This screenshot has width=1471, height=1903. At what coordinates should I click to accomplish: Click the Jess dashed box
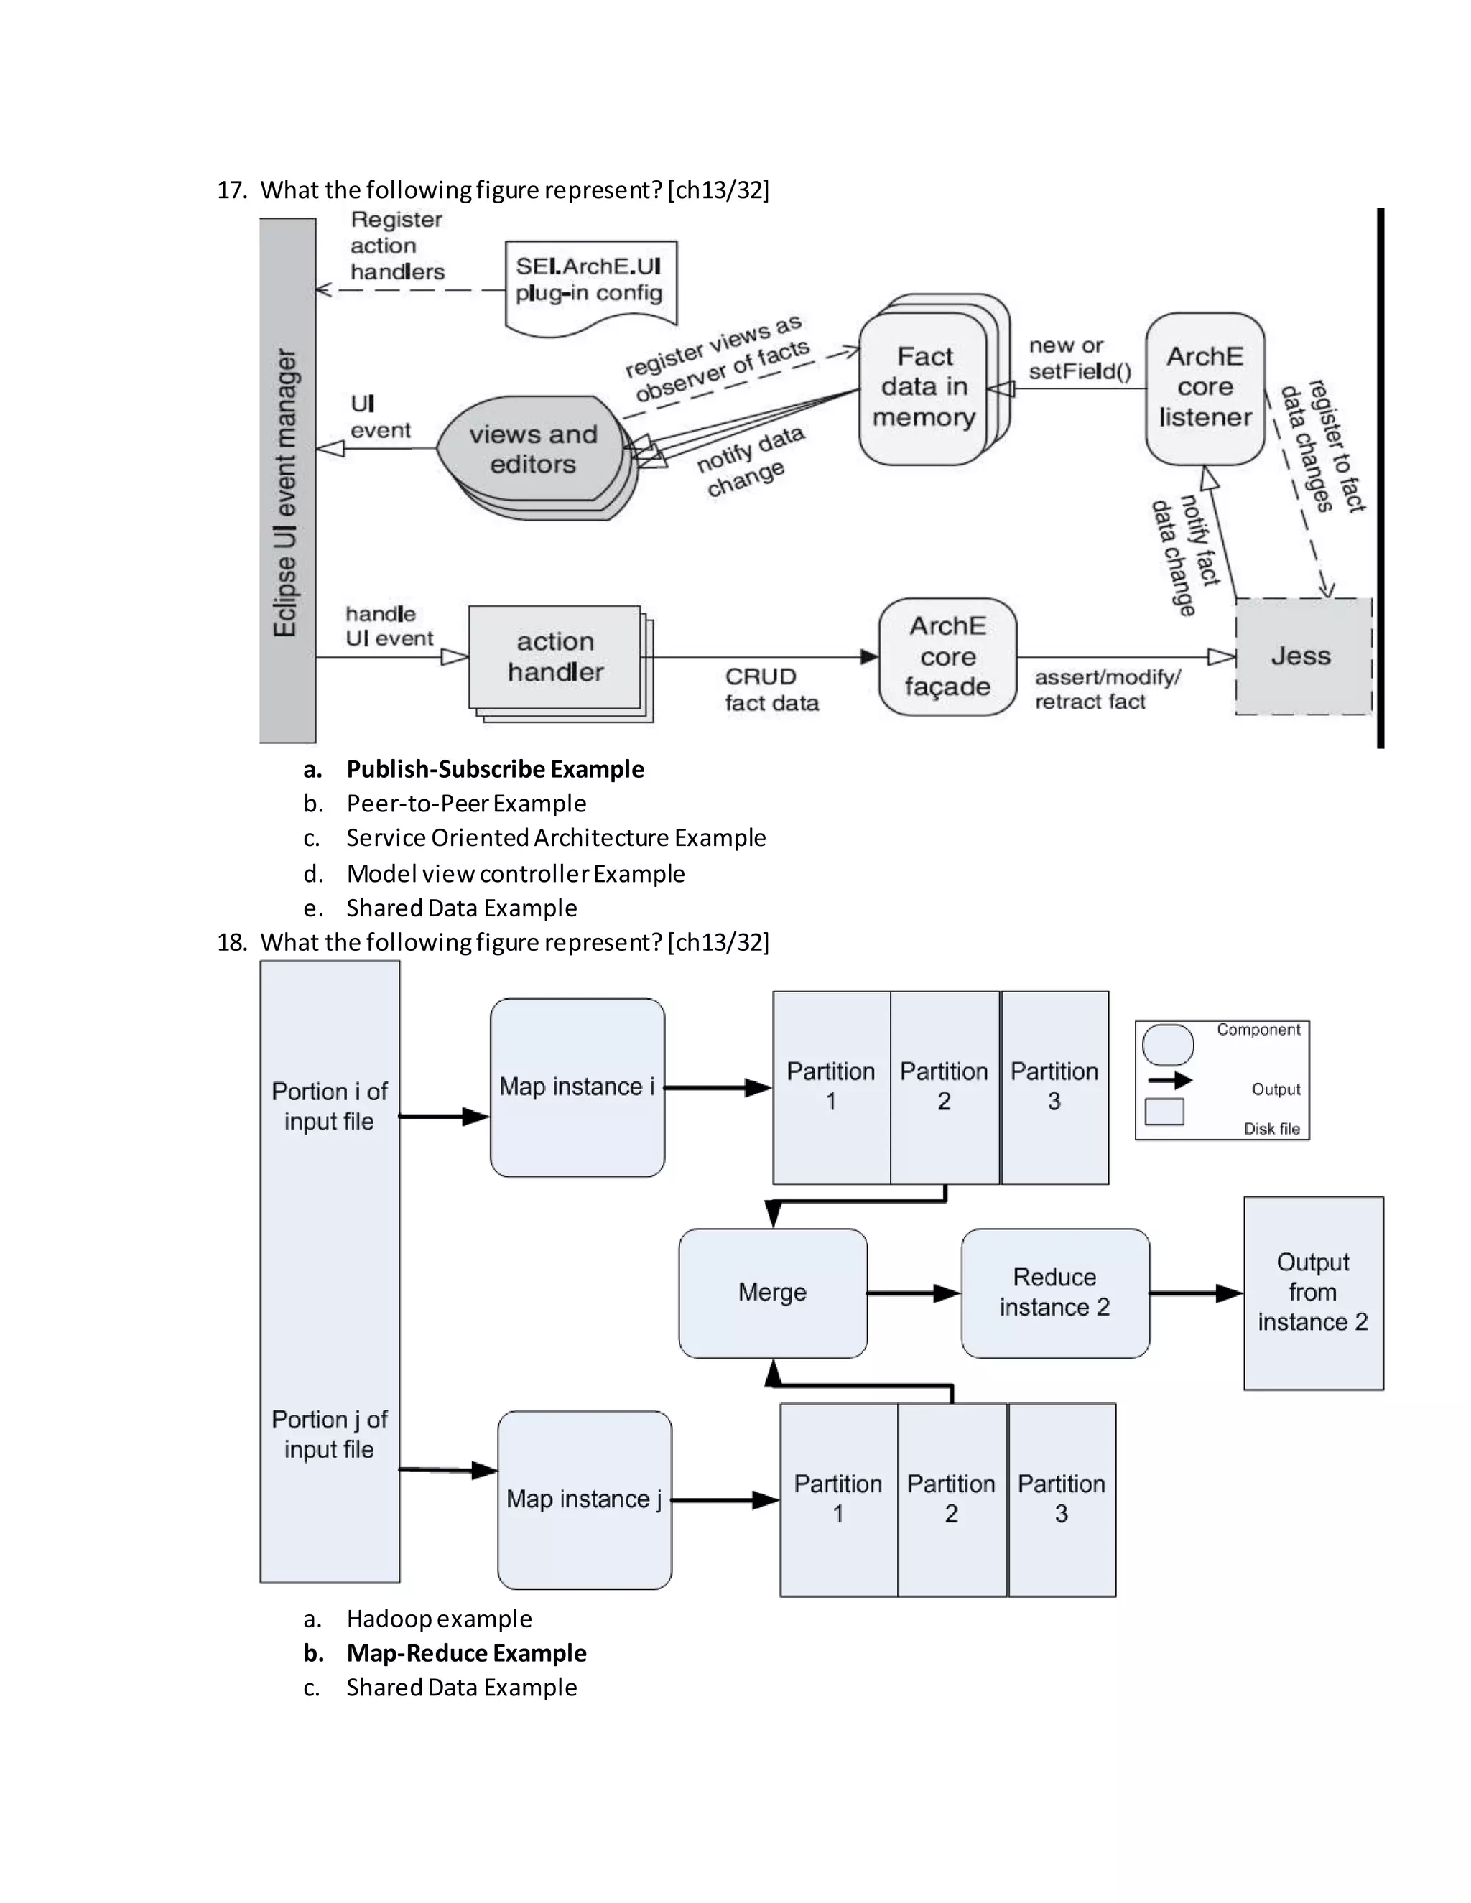tap(1303, 656)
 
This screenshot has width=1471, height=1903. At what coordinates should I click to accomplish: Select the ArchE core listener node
tap(1205, 388)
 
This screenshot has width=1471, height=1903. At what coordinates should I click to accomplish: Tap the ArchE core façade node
tap(947, 656)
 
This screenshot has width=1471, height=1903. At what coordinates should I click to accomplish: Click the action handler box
tap(555, 657)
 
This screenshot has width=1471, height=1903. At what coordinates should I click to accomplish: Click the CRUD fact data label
tap(771, 689)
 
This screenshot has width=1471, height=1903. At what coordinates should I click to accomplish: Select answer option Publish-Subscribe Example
tap(494, 768)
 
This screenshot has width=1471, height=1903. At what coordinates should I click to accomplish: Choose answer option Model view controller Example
tap(515, 873)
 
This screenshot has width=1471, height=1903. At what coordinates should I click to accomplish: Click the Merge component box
tap(772, 1292)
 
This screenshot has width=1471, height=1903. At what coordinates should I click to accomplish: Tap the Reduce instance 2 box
tap(1054, 1292)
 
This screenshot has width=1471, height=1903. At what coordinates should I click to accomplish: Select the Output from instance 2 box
tap(1312, 1292)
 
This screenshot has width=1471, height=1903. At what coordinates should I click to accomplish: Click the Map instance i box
tap(577, 1087)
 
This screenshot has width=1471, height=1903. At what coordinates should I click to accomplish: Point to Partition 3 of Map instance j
tap(1062, 1499)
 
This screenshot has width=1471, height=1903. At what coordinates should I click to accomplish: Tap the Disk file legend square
tap(1164, 1112)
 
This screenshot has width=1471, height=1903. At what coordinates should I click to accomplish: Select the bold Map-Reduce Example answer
tap(465, 1653)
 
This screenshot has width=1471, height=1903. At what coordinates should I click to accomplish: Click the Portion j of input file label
tap(330, 1434)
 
